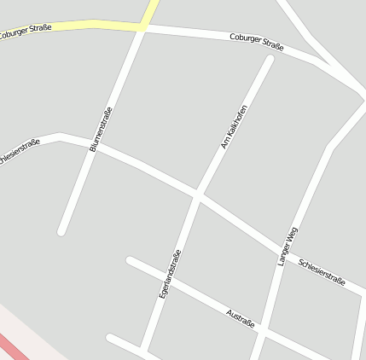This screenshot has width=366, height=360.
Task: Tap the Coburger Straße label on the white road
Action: [x=256, y=42]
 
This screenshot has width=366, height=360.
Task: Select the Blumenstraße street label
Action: [x=101, y=129]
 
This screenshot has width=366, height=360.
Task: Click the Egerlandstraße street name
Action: [x=171, y=273]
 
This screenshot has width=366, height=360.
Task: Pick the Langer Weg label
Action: [x=288, y=246]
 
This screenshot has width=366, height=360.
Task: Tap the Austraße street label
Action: [x=241, y=319]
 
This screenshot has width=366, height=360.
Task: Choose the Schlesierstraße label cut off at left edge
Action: [x=19, y=153]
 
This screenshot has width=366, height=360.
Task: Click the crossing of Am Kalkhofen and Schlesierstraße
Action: [x=198, y=195]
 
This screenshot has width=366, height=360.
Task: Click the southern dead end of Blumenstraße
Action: [x=62, y=230]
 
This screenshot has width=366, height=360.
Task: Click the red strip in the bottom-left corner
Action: [x=12, y=346]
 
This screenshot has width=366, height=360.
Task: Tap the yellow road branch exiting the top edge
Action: [x=152, y=7]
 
